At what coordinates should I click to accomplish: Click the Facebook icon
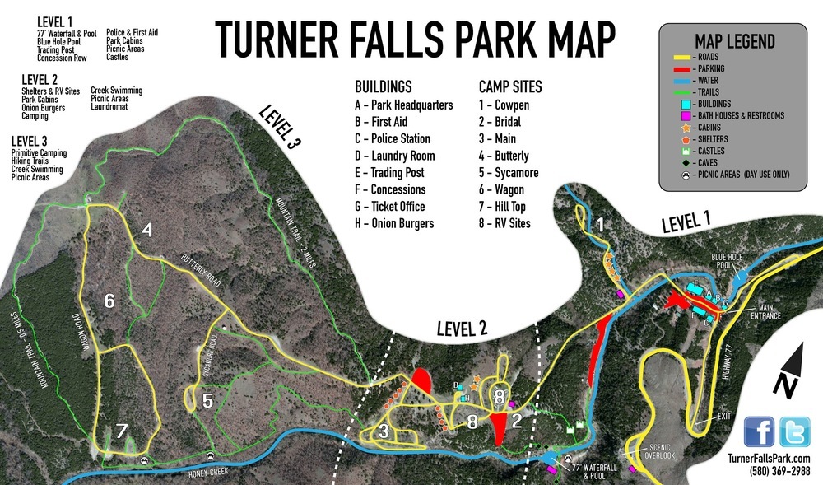[760, 431]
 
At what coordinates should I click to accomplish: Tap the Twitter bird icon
[795, 431]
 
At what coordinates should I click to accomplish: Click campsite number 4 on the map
[147, 231]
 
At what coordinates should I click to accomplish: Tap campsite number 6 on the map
[109, 301]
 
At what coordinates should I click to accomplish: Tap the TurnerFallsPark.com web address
[769, 459]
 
